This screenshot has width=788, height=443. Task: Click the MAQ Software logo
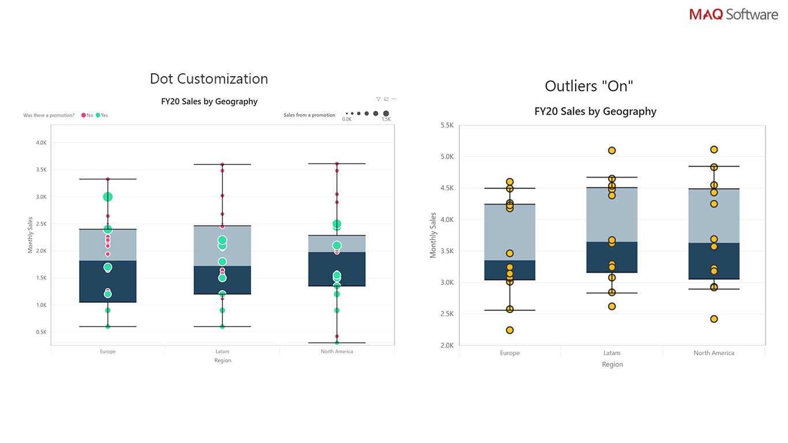tap(733, 14)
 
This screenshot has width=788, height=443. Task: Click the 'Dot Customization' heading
tap(209, 79)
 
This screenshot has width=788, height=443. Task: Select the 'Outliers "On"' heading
tap(589, 87)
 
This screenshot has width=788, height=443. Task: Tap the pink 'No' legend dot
tap(84, 115)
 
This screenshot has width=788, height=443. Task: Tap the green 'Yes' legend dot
tap(98, 115)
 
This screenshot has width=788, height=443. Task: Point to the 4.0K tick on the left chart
tap(41, 142)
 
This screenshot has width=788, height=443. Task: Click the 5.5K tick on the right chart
tap(447, 125)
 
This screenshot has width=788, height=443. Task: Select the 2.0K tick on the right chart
tap(447, 346)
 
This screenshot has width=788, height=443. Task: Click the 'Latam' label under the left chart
tap(222, 351)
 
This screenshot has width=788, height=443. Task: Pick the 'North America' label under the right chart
tap(714, 353)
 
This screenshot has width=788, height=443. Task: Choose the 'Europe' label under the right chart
tap(510, 353)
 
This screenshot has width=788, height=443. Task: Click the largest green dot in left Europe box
tap(108, 197)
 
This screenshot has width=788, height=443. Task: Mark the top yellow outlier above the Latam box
tap(612, 151)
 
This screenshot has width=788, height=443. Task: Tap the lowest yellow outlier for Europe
tap(510, 331)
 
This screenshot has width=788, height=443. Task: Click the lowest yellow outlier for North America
tap(714, 319)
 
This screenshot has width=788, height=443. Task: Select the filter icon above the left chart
tap(378, 99)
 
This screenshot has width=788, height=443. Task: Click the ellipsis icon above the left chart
tap(394, 99)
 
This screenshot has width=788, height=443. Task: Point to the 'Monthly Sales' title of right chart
tap(433, 235)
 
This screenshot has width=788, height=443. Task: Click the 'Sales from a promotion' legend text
tap(309, 115)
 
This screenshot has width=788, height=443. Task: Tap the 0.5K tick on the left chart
tap(41, 332)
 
